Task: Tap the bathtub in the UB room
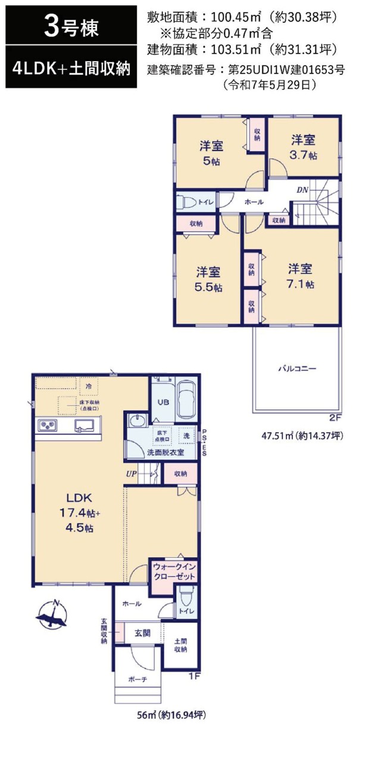coord(186,401)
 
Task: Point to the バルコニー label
coord(297,368)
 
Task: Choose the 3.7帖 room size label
coord(303,155)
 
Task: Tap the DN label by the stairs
coord(302,190)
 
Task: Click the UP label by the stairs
coord(132,473)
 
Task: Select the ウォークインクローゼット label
coord(174,571)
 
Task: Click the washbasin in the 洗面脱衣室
coord(137,421)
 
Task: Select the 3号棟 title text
coord(71,28)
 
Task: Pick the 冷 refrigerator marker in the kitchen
coord(89,386)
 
